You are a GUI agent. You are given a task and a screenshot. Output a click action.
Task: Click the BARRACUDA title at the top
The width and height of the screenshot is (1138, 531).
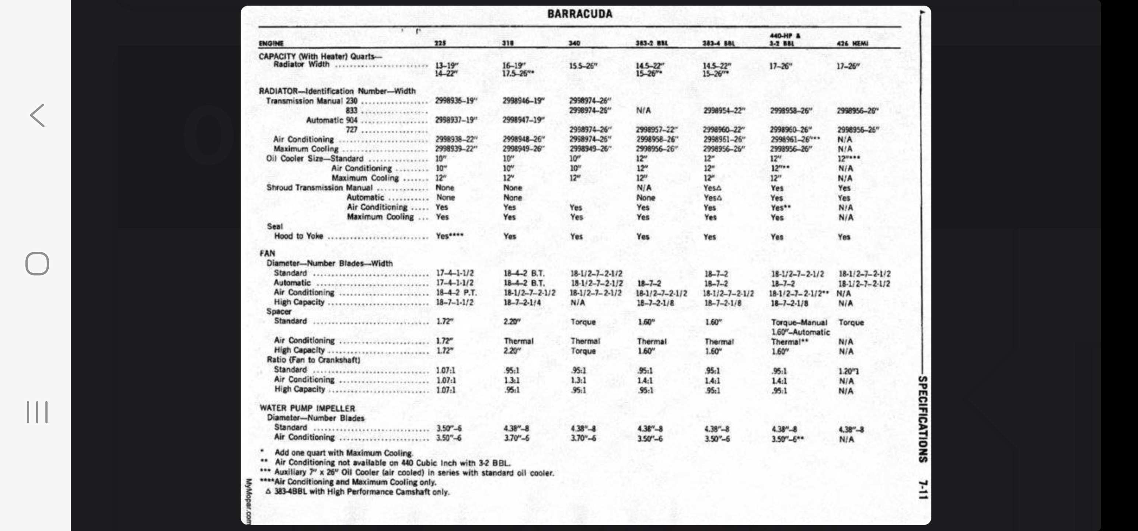click(580, 14)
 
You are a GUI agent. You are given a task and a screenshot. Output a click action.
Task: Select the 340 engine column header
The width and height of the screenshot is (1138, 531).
click(574, 44)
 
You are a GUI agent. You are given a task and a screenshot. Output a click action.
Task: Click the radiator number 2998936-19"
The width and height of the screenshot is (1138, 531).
click(456, 101)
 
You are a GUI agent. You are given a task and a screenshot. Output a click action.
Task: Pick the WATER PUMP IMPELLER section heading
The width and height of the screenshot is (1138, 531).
click(307, 408)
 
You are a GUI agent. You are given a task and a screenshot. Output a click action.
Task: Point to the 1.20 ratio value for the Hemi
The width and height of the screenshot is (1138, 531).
click(849, 371)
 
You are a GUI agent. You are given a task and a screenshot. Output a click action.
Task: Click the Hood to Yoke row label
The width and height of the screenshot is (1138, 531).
click(299, 236)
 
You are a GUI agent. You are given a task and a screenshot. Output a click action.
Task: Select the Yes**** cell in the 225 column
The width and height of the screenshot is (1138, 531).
click(449, 236)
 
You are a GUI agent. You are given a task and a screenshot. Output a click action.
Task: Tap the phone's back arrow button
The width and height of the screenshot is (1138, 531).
click(38, 115)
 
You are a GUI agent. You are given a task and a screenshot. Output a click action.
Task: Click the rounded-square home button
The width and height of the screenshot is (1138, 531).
click(37, 264)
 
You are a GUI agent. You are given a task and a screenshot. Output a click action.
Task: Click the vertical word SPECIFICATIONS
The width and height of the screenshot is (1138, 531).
click(923, 419)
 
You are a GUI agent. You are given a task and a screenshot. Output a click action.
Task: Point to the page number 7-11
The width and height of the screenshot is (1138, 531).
click(923, 489)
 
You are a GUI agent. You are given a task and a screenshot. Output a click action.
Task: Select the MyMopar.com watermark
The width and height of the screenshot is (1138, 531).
click(248, 501)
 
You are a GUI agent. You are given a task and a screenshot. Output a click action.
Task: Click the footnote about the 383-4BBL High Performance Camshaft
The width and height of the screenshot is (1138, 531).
click(358, 492)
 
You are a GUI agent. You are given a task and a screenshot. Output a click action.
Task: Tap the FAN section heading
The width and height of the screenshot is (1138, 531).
click(267, 253)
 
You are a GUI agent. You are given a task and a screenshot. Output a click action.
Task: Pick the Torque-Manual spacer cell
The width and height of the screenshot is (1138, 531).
click(799, 322)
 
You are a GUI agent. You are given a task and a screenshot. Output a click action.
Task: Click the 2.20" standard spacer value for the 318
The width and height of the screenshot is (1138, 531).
click(512, 322)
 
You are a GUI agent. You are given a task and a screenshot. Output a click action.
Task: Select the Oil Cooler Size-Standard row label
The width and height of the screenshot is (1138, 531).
click(315, 159)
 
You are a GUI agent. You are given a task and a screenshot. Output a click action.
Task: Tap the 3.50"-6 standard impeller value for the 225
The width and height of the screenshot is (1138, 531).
click(449, 428)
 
